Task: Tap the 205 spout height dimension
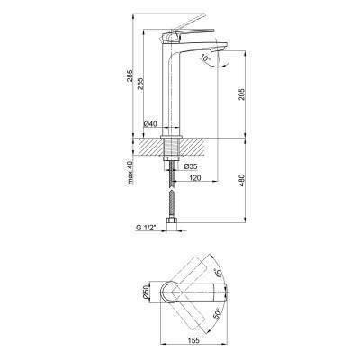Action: (242, 94)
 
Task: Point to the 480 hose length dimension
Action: (242, 181)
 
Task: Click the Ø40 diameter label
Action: (150, 124)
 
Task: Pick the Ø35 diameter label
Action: (191, 166)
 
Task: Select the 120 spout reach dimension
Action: (195, 178)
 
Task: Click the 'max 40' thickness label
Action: (130, 173)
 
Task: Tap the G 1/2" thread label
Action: (147, 228)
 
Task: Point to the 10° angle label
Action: (206, 58)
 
